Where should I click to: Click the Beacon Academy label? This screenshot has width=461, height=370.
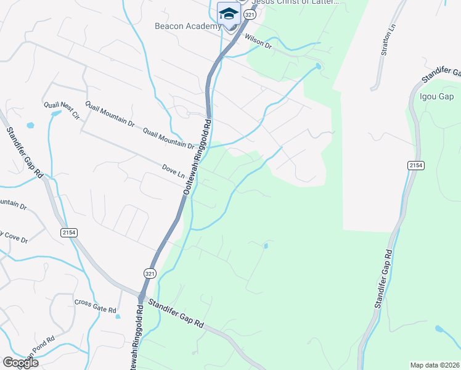click(x=187, y=27)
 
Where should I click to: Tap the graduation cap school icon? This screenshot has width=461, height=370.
click(x=228, y=14)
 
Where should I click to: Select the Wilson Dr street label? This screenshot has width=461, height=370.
click(x=258, y=41)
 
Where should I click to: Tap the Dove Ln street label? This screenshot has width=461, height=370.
click(x=173, y=171)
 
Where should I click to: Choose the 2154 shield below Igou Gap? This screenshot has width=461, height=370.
click(x=415, y=165)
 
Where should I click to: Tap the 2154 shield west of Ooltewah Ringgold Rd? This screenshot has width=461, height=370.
click(x=68, y=232)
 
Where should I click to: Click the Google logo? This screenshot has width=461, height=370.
click(x=20, y=363)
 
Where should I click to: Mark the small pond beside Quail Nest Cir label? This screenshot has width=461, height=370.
click(x=55, y=114)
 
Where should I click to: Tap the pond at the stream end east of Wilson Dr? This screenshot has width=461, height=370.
click(x=318, y=66)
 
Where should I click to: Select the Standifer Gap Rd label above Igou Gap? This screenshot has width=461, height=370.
click(x=441, y=73)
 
